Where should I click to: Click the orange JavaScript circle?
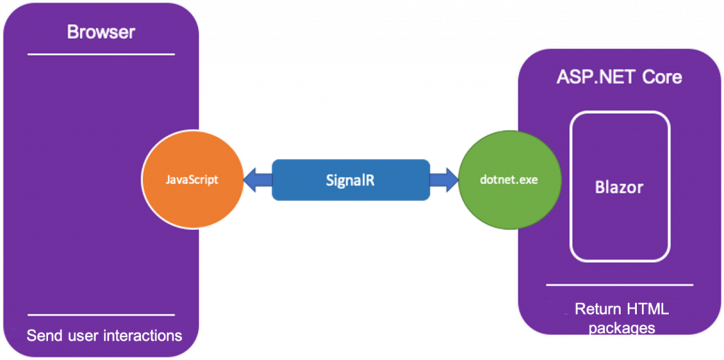click(192, 180)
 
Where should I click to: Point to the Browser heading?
click(101, 32)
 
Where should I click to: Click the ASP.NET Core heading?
click(619, 76)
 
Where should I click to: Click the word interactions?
click(143, 335)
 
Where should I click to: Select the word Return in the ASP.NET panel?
click(598, 309)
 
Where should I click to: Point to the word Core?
click(662, 76)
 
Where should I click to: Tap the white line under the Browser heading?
click(101, 54)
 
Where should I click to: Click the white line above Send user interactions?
click(101, 315)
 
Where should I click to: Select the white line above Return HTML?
click(619, 285)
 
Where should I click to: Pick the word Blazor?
click(619, 187)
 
